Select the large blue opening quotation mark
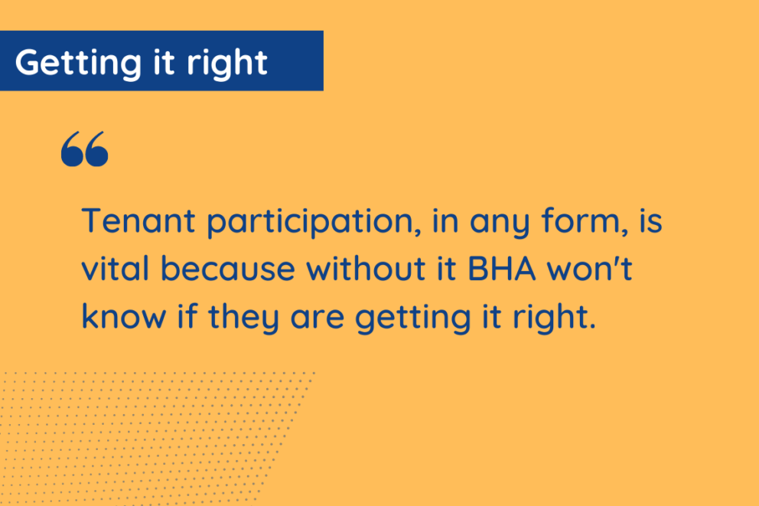click(85, 149)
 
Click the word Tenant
click(138, 220)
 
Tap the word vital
click(116, 268)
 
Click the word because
click(228, 268)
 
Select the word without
click(366, 268)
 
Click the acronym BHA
click(502, 268)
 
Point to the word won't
click(590, 268)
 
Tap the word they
click(244, 318)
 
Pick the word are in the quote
click(317, 319)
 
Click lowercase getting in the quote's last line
click(413, 318)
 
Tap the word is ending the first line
click(651, 220)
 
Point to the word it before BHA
click(447, 268)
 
